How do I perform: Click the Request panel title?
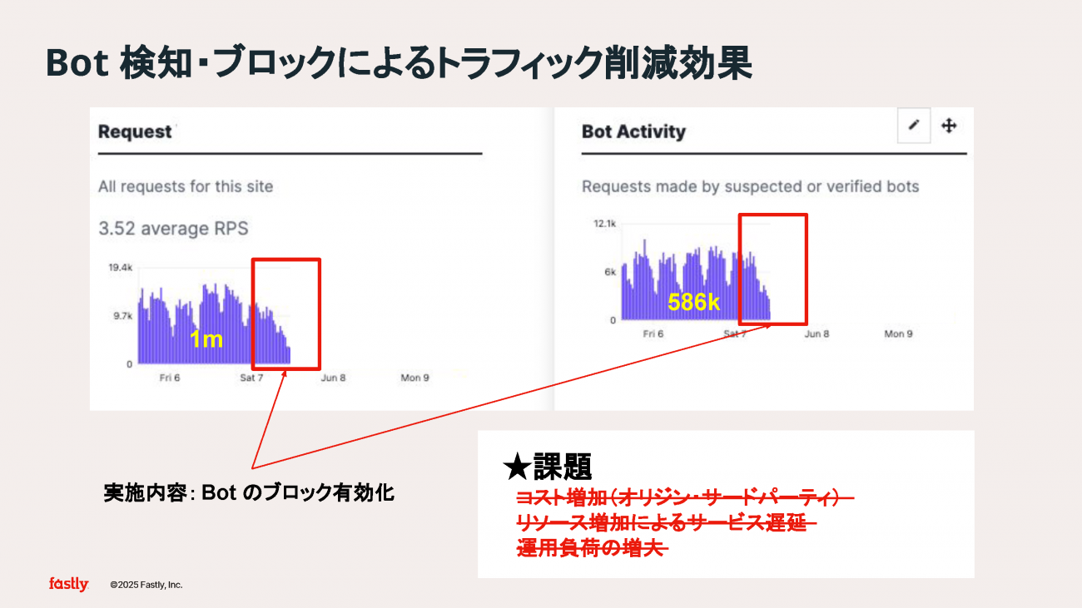(135, 131)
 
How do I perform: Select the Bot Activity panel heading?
(633, 131)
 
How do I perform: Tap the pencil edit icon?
(913, 126)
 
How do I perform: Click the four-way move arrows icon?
(949, 126)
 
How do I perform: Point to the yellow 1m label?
(206, 339)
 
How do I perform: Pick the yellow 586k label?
(693, 303)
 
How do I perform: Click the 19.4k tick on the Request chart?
(121, 267)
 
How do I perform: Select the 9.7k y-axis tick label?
(123, 316)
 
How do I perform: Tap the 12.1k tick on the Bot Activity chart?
(605, 224)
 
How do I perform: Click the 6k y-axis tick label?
(610, 272)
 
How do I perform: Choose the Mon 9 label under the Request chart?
(415, 378)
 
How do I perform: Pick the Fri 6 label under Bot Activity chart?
(653, 334)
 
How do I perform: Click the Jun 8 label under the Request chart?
(333, 378)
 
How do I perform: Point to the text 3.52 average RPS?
(173, 228)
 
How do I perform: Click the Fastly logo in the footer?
(68, 585)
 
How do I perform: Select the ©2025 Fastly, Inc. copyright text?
(146, 585)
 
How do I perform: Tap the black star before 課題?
(517, 467)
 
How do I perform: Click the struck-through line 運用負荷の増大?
(593, 547)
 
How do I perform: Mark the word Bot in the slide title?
(77, 63)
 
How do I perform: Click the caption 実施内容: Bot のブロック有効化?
(249, 492)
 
